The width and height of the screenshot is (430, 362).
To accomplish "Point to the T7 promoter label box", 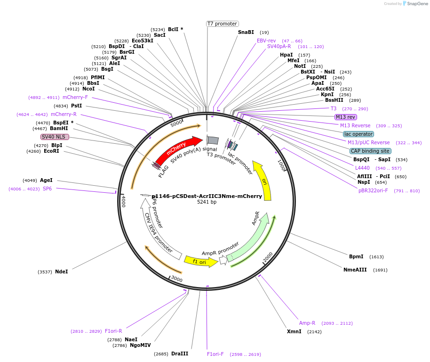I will tap(223, 24).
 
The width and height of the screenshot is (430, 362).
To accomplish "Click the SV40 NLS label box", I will tap(55, 137).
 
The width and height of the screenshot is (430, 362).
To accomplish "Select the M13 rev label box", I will tap(345, 117).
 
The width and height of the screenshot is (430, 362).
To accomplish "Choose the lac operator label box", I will tap(358, 134).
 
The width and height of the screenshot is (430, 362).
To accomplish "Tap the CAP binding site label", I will tap(370, 151).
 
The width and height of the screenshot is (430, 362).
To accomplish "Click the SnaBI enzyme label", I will tap(246, 32).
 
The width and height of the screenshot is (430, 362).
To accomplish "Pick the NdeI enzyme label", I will tap(61, 271).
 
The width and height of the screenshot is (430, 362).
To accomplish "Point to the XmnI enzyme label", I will tap(294, 331).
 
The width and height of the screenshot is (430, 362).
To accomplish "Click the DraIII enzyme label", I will tap(180, 354).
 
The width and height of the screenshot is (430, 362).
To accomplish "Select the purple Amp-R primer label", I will tap(307, 323).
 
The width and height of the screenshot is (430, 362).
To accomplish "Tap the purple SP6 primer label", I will tap(47, 189).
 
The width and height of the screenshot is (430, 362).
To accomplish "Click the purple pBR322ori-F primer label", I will tap(373, 190).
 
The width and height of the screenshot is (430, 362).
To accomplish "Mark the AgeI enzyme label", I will tap(46, 180).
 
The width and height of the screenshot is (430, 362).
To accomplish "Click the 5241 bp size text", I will tap(207, 202).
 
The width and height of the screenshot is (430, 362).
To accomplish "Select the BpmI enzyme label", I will tap(356, 256).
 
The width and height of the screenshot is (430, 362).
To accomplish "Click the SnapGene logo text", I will tap(417, 4).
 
